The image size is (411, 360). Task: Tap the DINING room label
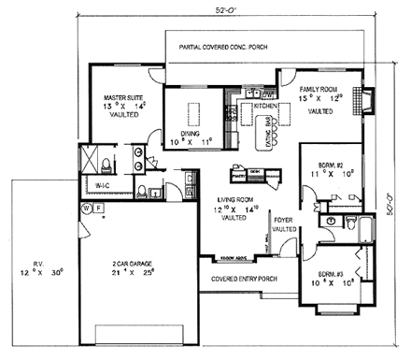point(191,134)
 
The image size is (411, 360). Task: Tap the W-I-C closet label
point(102,187)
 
